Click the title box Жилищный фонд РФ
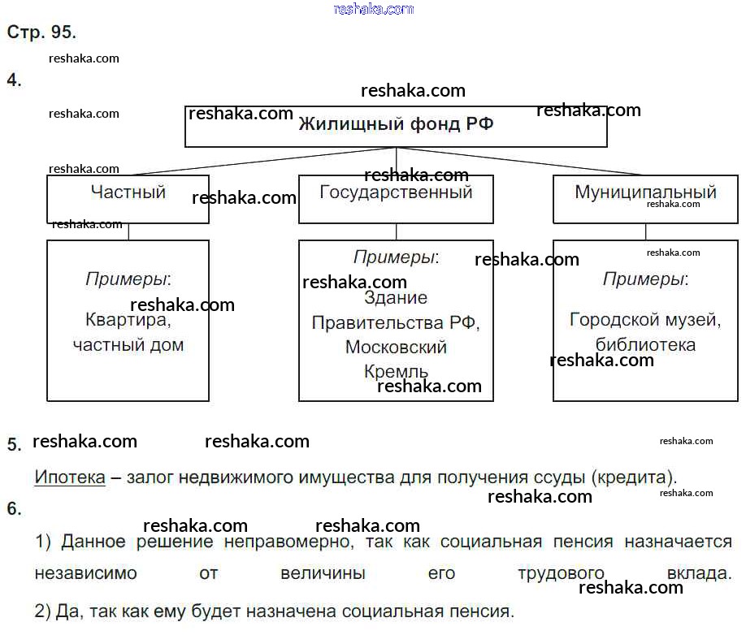coord(396,126)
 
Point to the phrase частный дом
coord(128,345)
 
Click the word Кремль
coord(396,372)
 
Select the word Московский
coord(396,348)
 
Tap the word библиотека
coord(645,345)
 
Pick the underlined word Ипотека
coord(70,477)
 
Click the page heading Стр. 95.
coord(41,32)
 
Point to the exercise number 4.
coord(14,80)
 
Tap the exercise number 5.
coord(14,444)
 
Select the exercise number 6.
coord(14,509)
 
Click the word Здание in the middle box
coord(396,298)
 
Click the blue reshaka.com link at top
coord(373,9)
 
